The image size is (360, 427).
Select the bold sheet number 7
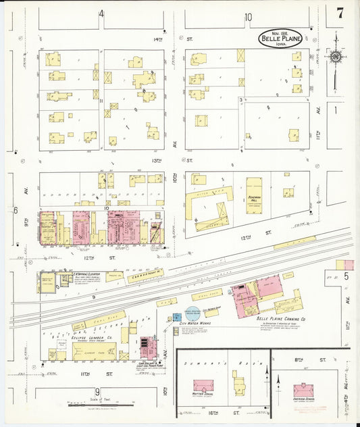pos(340,11)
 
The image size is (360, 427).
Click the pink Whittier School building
pos(203,386)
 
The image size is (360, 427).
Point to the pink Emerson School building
pos(303,391)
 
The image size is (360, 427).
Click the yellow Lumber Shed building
pos(94,350)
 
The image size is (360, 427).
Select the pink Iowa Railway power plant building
pos(147,346)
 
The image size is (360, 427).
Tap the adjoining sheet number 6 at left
pos(14,209)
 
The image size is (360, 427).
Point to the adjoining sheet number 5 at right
pos(344,276)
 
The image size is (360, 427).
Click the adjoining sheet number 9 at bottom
pos(98,392)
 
